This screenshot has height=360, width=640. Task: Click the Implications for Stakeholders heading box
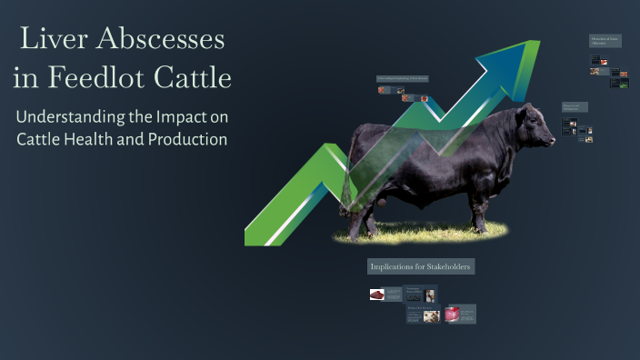[x=420, y=266]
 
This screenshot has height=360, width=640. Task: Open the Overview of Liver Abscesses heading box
[x=605, y=41]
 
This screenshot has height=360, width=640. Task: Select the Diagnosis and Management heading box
[x=575, y=107]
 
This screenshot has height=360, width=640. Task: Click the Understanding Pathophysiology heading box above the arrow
[x=403, y=79]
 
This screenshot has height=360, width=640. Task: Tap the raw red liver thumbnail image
[x=377, y=295]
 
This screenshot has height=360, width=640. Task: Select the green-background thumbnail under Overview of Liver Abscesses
[x=623, y=84]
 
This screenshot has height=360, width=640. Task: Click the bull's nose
[x=551, y=142]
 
